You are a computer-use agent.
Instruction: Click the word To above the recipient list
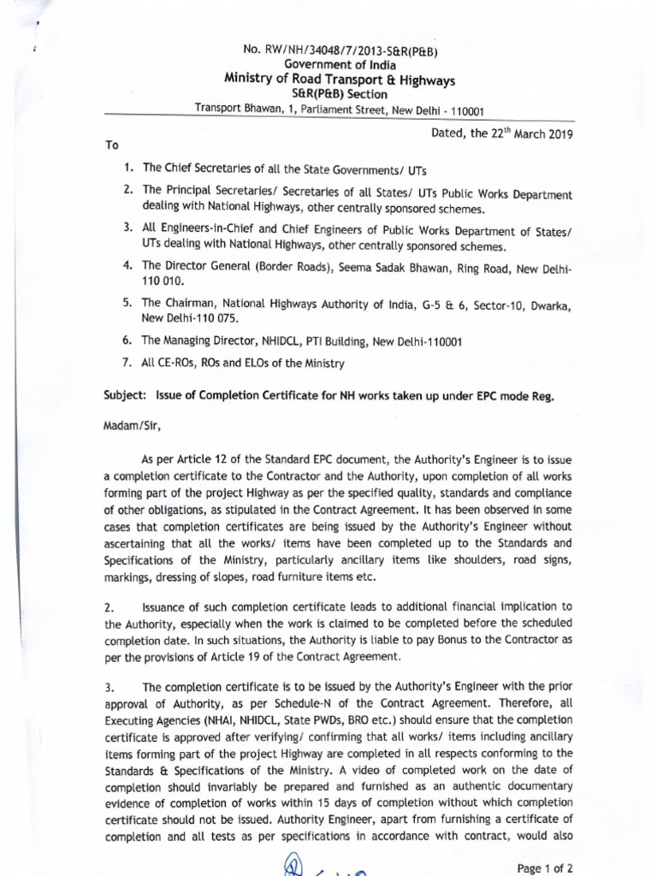tap(112, 145)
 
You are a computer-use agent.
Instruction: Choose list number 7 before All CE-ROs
tap(127, 363)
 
